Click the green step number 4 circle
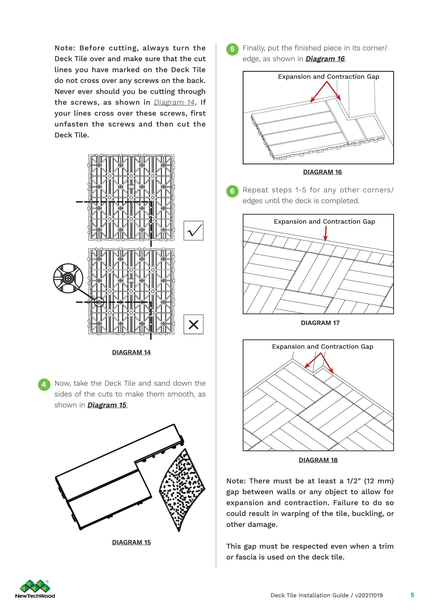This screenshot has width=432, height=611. [44, 385]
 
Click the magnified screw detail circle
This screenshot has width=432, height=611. [68, 278]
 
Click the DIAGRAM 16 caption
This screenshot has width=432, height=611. [322, 172]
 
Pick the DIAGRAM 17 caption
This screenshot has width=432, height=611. [320, 323]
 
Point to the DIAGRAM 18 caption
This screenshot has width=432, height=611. [318, 460]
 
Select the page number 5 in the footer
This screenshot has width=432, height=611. [412, 595]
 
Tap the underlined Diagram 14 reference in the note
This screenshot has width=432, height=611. [174, 102]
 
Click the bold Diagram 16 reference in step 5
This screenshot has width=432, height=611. [325, 59]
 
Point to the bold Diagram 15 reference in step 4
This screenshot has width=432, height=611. [107, 405]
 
